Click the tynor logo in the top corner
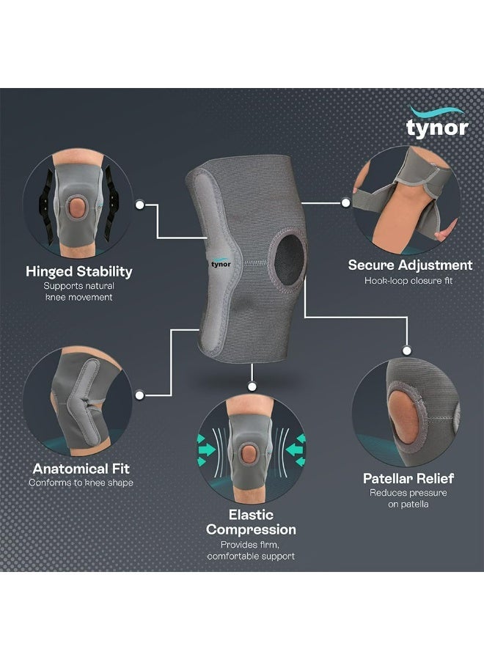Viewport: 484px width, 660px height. tap(437, 122)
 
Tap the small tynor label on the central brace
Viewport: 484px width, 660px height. tap(221, 263)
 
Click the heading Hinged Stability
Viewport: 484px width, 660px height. tap(79, 271)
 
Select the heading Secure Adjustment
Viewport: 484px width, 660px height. tap(410, 265)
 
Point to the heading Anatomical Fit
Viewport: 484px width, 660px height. tap(81, 469)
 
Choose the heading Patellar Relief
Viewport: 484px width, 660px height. tap(408, 479)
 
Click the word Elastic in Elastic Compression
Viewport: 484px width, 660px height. tap(251, 514)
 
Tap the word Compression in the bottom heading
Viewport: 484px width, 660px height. tap(251, 529)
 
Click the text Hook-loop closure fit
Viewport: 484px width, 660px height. tap(408, 281)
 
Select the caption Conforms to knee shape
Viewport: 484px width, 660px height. tap(81, 483)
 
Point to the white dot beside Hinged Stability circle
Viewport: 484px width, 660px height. tap(140, 205)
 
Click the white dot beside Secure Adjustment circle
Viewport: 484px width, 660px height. tap(345, 203)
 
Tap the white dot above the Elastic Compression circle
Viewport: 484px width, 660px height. tap(252, 386)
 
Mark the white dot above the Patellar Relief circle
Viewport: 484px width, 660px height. tap(406, 351)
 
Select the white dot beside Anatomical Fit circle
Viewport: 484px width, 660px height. tap(140, 395)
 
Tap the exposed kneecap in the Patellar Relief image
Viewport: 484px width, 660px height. tap(403, 417)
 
